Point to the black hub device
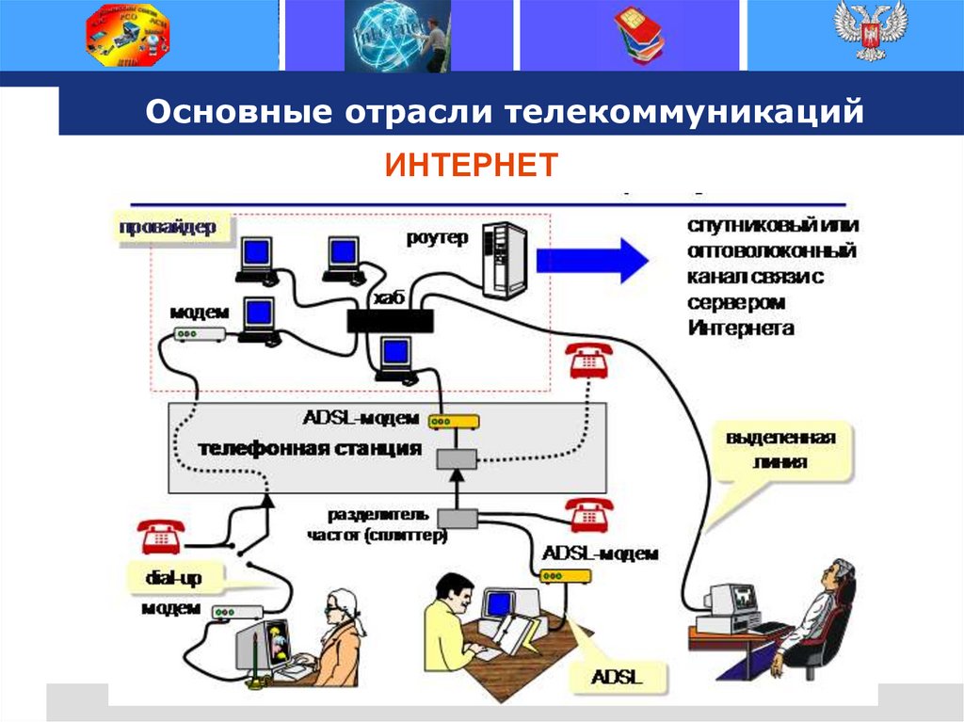tap(391, 320)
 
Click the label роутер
tap(437, 238)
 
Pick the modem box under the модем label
tap(199, 334)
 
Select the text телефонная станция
tap(310, 449)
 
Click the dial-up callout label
tap(172, 575)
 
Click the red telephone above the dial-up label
tap(161, 536)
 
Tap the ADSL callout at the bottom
tap(617, 676)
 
